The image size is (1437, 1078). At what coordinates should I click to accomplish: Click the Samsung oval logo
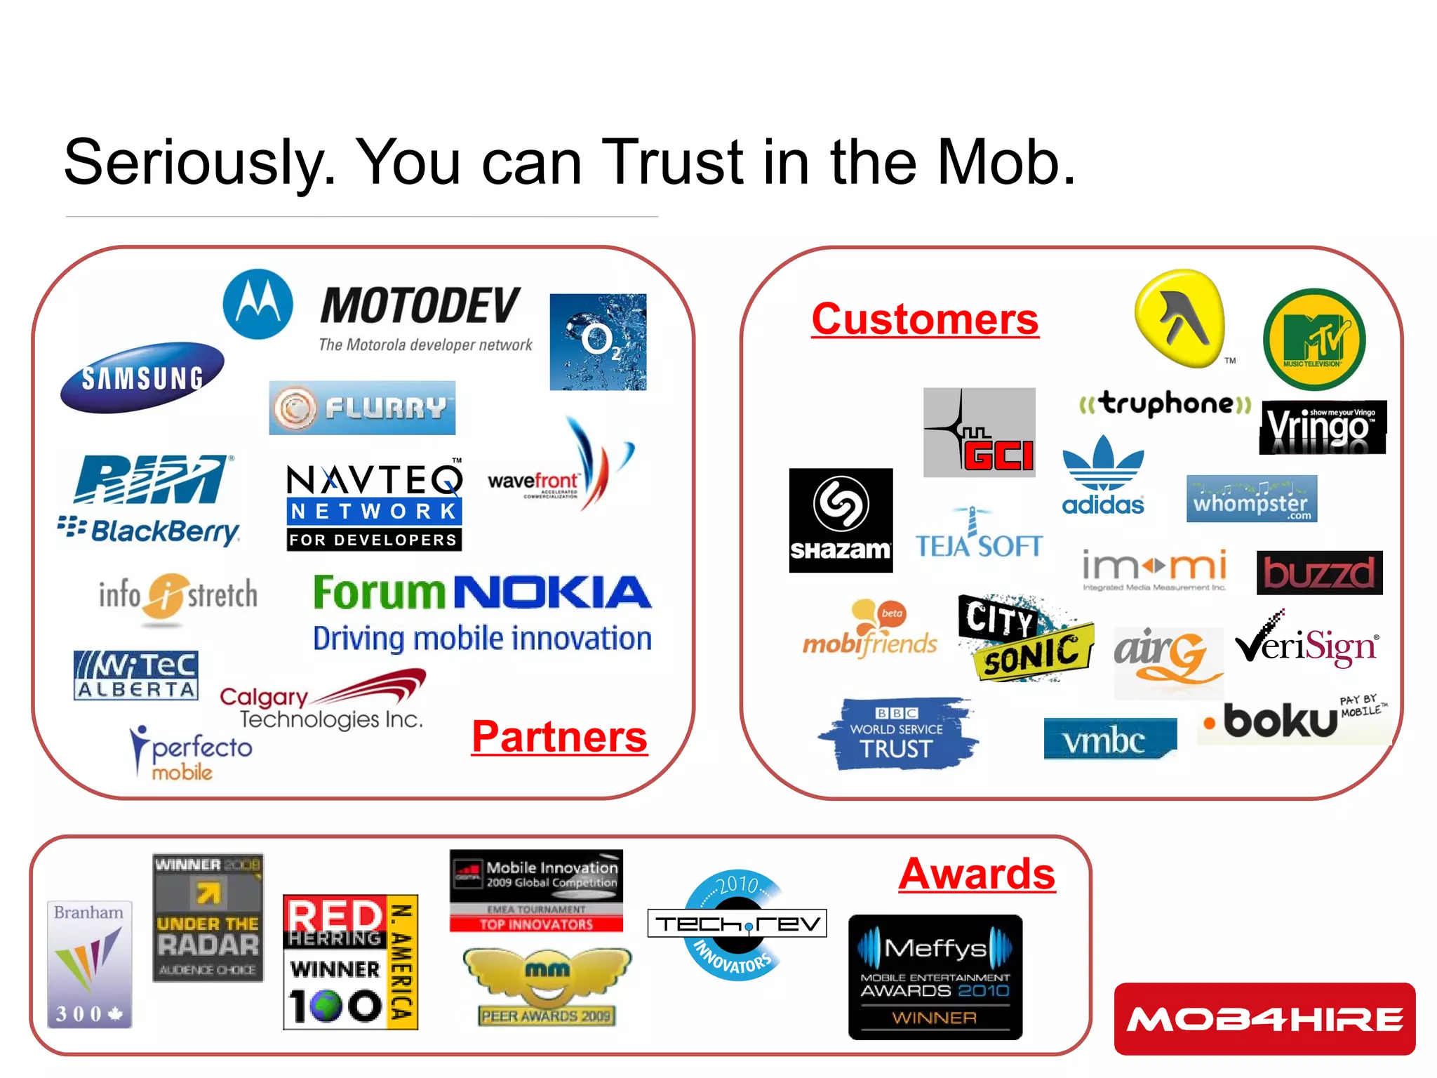click(142, 377)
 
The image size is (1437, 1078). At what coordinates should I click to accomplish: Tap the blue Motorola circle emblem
click(258, 304)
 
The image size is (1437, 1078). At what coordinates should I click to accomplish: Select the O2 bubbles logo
click(598, 342)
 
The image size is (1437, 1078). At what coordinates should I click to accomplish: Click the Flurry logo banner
click(362, 408)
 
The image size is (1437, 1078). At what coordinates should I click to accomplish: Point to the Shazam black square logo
click(841, 520)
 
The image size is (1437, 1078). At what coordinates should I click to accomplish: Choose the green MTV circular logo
click(1314, 340)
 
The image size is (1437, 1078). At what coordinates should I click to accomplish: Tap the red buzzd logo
click(1319, 573)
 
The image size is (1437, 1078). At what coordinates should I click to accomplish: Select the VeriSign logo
click(1306, 643)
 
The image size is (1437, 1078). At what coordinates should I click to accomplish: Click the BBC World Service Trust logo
click(897, 733)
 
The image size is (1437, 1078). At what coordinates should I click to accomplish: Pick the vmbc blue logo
click(1109, 739)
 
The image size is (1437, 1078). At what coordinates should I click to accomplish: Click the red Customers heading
click(925, 319)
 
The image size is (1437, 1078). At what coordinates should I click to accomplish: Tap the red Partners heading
click(559, 737)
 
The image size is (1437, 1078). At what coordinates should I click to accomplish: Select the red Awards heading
click(977, 874)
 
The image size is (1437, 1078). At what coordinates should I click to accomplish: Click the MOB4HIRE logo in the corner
click(1264, 1018)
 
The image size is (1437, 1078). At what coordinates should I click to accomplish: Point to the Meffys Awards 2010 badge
click(935, 976)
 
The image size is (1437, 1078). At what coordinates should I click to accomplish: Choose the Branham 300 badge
click(89, 964)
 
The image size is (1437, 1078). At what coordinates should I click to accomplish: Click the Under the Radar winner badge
click(208, 917)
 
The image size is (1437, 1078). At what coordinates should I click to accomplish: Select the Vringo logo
click(1322, 427)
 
